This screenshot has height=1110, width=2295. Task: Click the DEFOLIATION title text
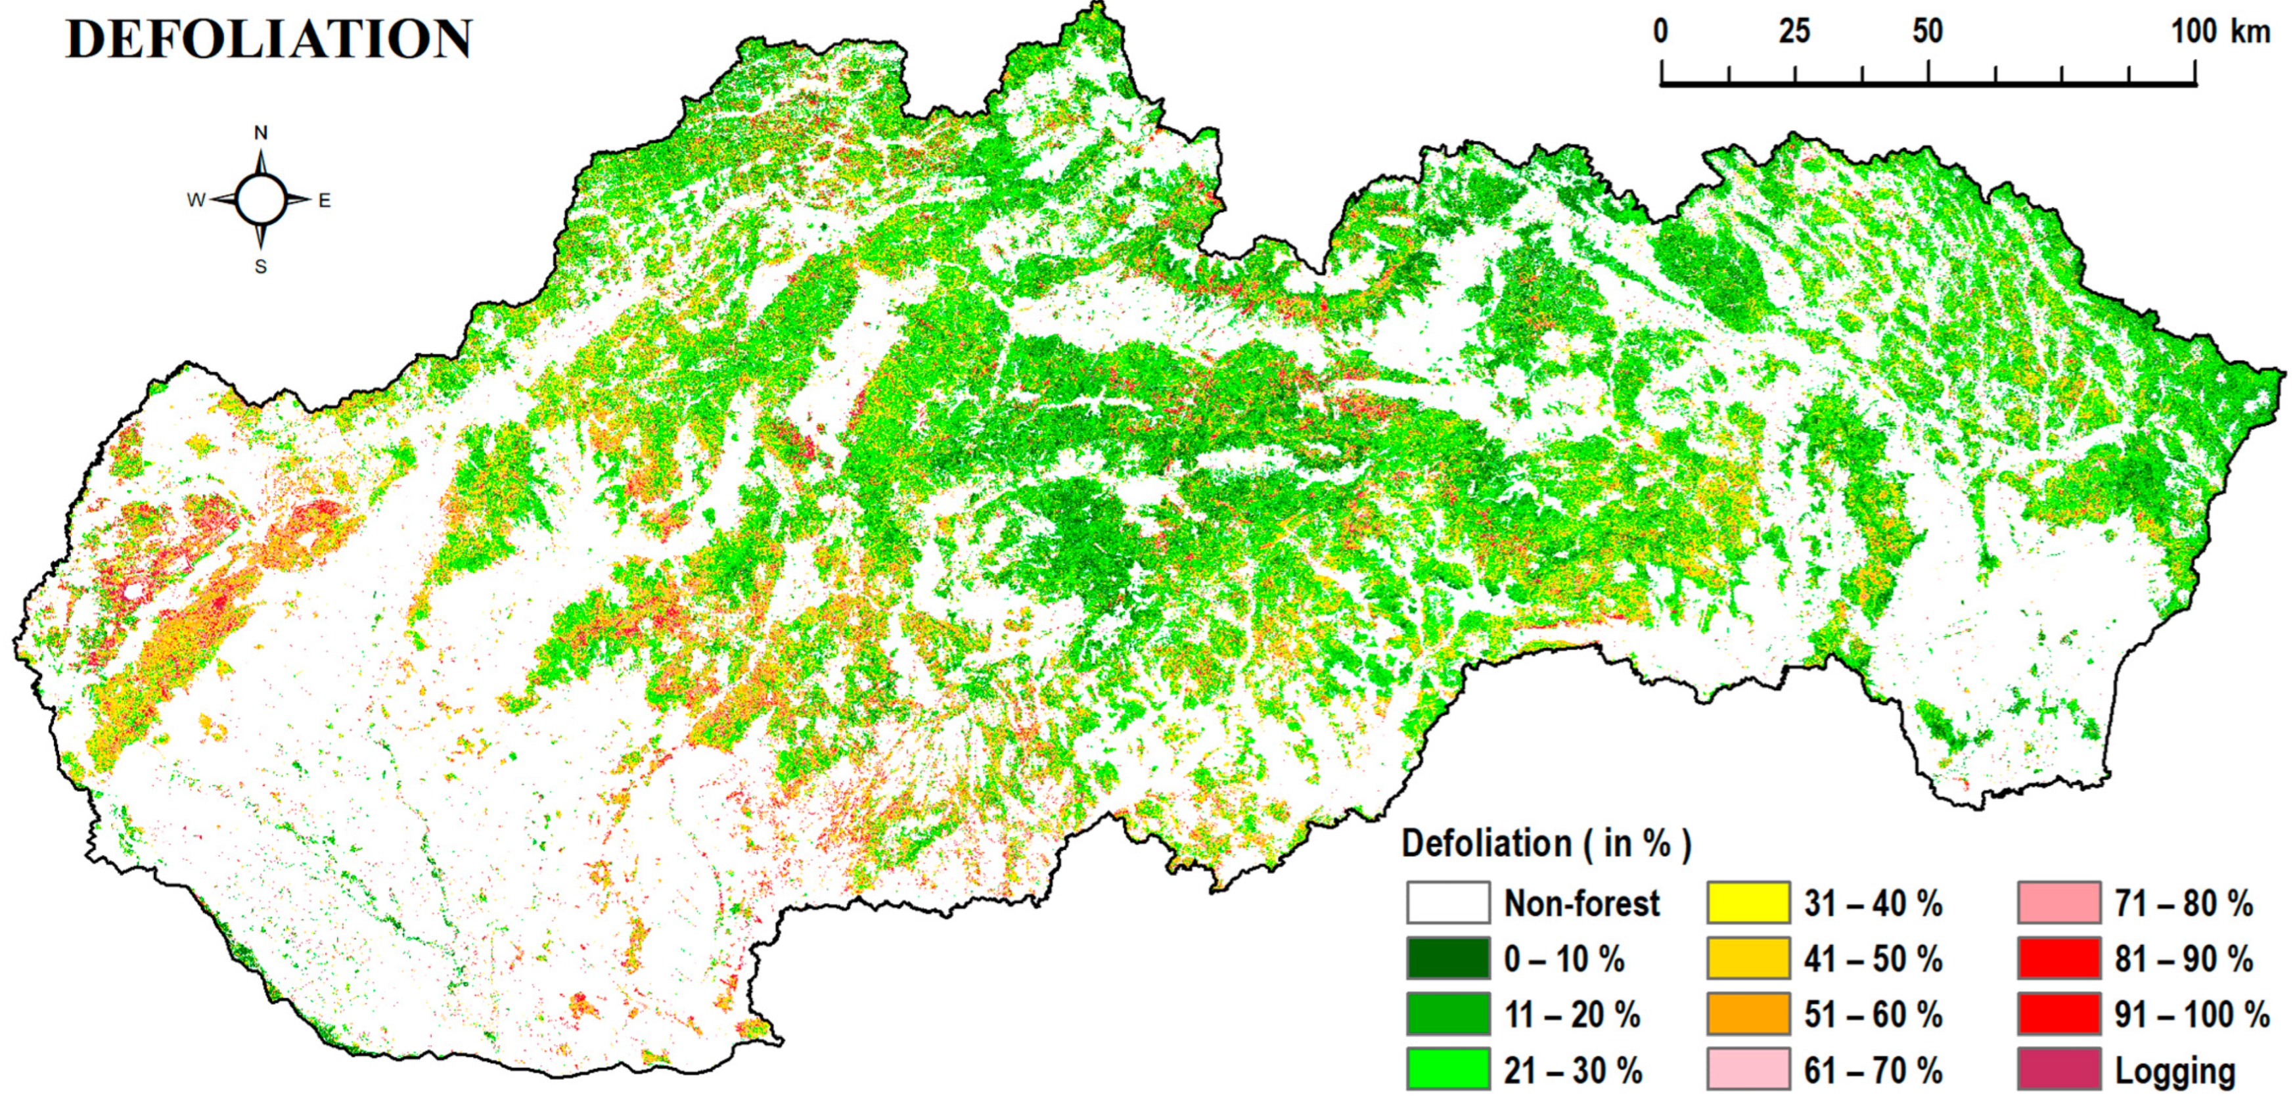(x=269, y=40)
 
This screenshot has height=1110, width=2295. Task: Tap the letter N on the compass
(x=261, y=133)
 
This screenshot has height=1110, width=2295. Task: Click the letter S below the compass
(x=261, y=266)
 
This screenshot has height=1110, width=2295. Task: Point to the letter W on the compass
(x=196, y=200)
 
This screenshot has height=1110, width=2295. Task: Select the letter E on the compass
(x=325, y=200)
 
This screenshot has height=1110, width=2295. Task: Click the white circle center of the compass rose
(x=261, y=200)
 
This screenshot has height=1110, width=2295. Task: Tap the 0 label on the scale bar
(x=1661, y=32)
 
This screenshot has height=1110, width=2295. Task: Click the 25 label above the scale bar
(x=1794, y=32)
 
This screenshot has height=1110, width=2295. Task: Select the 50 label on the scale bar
(x=1927, y=32)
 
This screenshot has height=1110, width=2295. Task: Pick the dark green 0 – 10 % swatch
(x=1447, y=959)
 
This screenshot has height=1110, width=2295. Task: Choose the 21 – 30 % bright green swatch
(x=1447, y=1069)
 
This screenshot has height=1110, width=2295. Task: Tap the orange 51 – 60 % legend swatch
(x=1748, y=1014)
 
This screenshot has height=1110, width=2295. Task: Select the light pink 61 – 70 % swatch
(x=1748, y=1069)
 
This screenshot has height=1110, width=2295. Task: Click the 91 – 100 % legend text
(x=2192, y=1015)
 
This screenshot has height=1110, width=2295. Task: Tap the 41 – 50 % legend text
(x=1873, y=960)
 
